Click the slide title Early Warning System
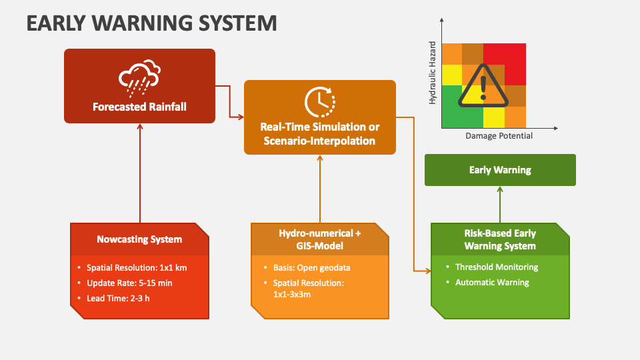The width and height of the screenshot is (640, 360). pyautogui.click(x=151, y=23)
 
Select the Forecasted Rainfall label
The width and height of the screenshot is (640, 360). pyautogui.click(x=139, y=106)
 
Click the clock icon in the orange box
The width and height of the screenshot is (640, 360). pyautogui.click(x=320, y=101)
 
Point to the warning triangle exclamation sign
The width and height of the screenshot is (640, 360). pyautogui.click(x=483, y=85)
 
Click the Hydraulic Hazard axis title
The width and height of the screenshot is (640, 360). pyautogui.click(x=433, y=73)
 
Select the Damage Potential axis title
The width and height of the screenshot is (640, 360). pyautogui.click(x=499, y=135)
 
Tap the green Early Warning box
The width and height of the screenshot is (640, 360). pyautogui.click(x=500, y=170)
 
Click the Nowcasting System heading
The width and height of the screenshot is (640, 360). pyautogui.click(x=139, y=239)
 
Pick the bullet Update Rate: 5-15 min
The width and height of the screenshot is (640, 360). pyautogui.click(x=129, y=283)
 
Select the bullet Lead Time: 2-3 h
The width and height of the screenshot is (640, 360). pyautogui.click(x=118, y=298)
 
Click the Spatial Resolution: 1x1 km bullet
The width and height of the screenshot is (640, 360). pyautogui.click(x=136, y=267)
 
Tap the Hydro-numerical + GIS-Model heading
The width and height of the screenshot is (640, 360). pyautogui.click(x=320, y=239)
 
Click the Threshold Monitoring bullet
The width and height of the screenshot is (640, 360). pyautogui.click(x=497, y=267)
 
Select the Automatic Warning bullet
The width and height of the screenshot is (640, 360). pyautogui.click(x=492, y=282)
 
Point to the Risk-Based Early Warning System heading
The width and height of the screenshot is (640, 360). pyautogui.click(x=500, y=240)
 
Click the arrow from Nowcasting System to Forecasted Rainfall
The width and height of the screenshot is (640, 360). pyautogui.click(x=140, y=173)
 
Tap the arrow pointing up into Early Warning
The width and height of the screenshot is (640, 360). pyautogui.click(x=500, y=204)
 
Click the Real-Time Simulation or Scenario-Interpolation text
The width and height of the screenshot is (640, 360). pyautogui.click(x=320, y=133)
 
